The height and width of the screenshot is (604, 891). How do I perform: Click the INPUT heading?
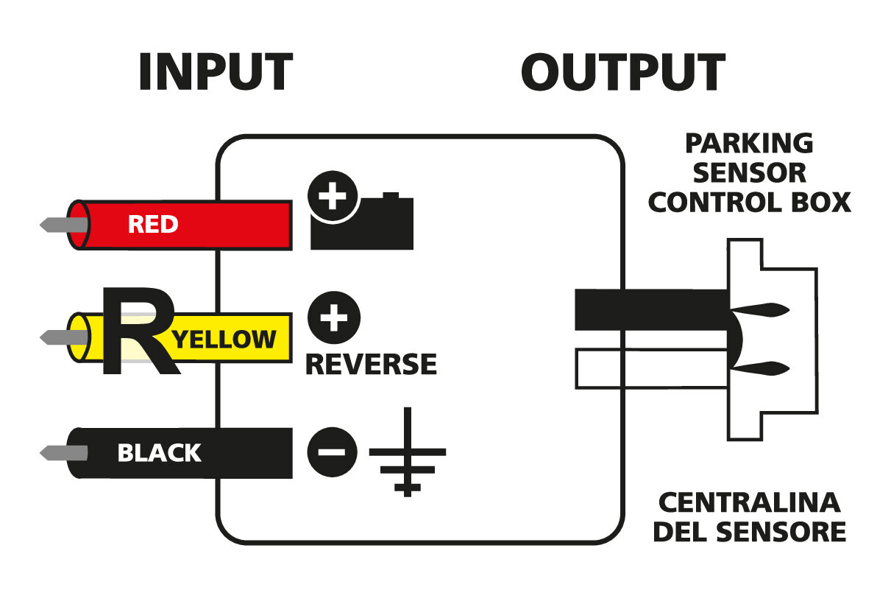tap(215, 72)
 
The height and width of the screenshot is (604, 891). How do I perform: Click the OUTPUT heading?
tap(622, 72)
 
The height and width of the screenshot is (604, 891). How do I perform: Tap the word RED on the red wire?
tap(153, 225)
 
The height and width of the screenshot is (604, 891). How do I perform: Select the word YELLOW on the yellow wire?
tap(225, 339)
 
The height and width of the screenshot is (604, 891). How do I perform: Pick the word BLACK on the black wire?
tap(159, 452)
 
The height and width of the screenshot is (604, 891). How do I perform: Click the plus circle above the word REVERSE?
tap(333, 319)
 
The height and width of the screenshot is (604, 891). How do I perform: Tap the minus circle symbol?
tap(332, 452)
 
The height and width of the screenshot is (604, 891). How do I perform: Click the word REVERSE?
tap(371, 364)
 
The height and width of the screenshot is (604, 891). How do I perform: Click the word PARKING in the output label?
tap(749, 143)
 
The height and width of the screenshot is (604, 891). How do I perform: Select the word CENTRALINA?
tap(749, 503)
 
